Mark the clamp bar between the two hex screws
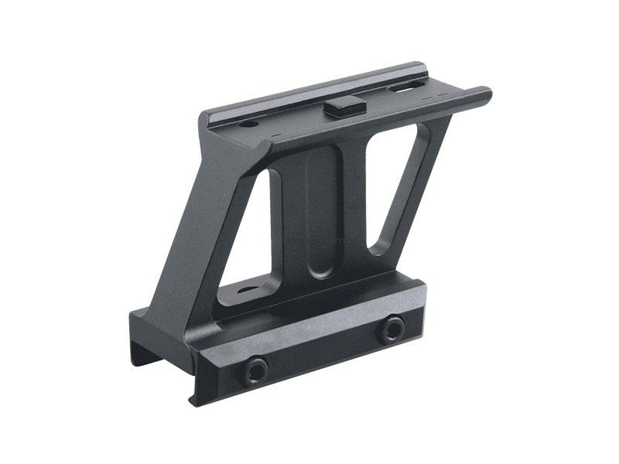(325, 352)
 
